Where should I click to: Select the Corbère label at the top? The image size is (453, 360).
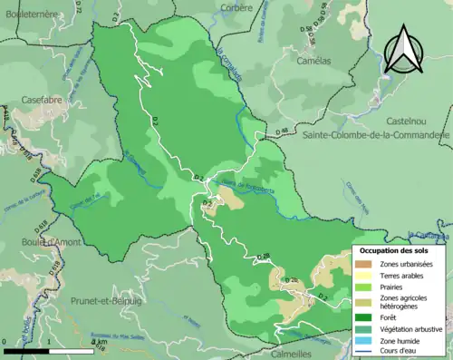coord(236,8)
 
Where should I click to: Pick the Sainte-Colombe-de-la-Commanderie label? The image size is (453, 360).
coord(376,135)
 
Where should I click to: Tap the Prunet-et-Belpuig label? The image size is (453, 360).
coord(106,299)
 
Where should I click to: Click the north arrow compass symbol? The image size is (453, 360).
coord(403,50)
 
